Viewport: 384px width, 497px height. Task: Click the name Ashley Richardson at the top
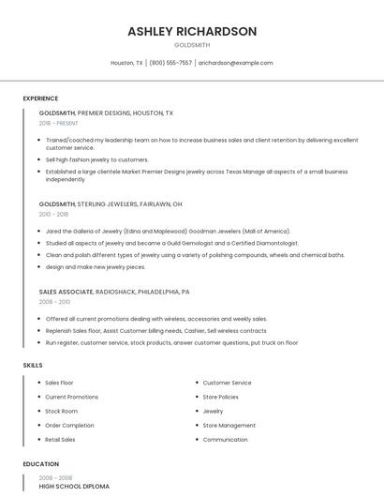click(192, 31)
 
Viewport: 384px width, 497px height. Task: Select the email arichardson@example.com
click(235, 63)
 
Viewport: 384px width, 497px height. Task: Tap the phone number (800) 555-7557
click(170, 63)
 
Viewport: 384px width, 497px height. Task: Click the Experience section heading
click(40, 98)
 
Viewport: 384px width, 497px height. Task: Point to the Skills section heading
click(33, 365)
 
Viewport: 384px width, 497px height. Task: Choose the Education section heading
click(40, 464)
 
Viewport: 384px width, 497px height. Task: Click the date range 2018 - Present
click(59, 123)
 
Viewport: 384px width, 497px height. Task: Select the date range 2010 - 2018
click(53, 214)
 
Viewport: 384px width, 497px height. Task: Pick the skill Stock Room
click(61, 411)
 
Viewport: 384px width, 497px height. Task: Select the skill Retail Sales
click(60, 439)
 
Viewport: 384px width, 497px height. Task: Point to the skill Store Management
click(229, 425)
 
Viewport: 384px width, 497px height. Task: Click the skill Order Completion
click(69, 425)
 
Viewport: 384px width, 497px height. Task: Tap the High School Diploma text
click(74, 487)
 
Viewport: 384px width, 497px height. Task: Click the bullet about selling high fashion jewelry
click(96, 159)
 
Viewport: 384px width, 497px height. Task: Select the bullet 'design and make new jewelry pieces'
click(96, 266)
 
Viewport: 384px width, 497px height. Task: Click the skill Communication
click(225, 439)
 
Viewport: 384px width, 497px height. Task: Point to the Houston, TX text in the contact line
click(126, 63)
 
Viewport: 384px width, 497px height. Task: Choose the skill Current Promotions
click(71, 397)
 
